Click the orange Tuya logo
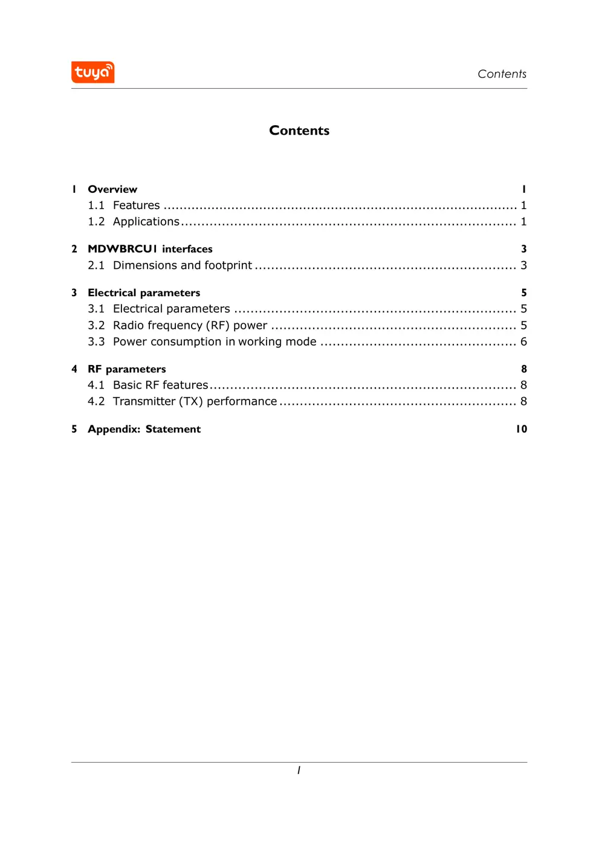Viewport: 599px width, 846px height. (92, 73)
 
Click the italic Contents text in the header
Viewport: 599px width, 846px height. (502, 74)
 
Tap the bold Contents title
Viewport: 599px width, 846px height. (299, 131)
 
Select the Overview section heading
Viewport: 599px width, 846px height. (112, 189)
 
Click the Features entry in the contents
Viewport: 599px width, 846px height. (136, 205)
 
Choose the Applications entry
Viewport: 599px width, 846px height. (146, 222)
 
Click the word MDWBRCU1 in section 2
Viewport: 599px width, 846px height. (122, 249)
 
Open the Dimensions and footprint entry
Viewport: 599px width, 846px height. (182, 265)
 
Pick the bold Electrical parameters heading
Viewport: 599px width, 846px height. (144, 292)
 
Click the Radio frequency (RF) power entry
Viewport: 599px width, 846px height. (190, 325)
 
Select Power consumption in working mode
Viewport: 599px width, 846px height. (215, 341)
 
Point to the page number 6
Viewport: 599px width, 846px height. (523, 341)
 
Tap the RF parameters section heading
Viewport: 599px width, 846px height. (126, 369)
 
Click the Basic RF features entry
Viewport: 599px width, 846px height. (160, 385)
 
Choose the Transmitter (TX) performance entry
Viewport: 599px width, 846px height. (195, 401)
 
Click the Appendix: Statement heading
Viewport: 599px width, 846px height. (144, 429)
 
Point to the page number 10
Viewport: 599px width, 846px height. (521, 429)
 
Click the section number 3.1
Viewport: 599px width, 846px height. (96, 309)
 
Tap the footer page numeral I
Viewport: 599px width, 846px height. (299, 770)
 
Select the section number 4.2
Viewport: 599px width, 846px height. (96, 401)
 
